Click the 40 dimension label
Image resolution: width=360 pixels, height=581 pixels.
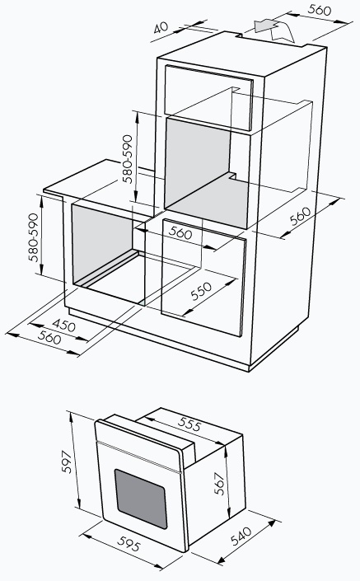click(161, 27)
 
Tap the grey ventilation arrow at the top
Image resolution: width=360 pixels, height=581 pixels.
click(266, 26)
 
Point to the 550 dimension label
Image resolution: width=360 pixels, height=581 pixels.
click(201, 291)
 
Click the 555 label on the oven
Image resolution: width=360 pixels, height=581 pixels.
click(189, 424)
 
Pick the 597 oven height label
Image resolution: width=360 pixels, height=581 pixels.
click(67, 462)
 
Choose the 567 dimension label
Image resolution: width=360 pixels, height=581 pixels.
click(219, 484)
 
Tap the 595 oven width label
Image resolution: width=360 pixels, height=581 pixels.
click(129, 543)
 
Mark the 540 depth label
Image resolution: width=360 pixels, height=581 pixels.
click(241, 536)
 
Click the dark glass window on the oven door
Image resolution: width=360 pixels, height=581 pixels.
click(141, 499)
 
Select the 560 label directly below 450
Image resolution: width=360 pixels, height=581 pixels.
click(49, 338)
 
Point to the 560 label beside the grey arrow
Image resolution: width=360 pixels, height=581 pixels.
click(320, 10)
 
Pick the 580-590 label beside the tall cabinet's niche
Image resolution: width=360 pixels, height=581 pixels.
click(128, 158)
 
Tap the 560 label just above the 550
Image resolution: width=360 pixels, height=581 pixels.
click(180, 232)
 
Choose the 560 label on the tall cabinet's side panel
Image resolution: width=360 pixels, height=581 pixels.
click(300, 216)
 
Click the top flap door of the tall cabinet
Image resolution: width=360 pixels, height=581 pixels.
click(208, 98)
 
